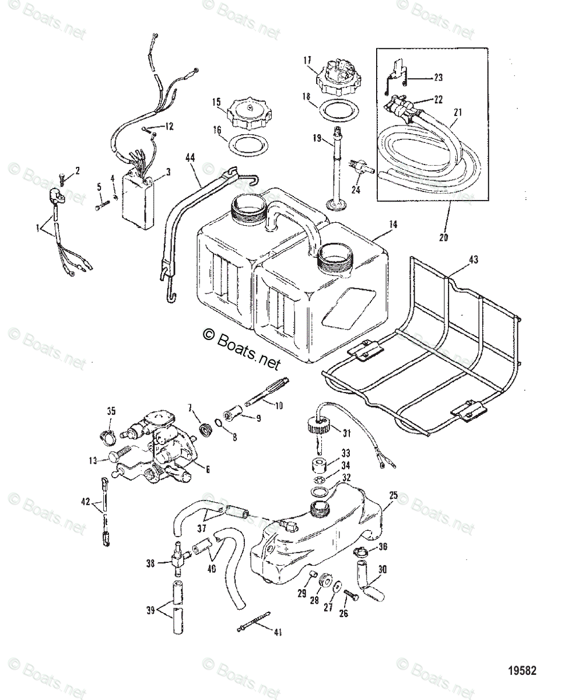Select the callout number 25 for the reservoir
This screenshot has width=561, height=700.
[394, 495]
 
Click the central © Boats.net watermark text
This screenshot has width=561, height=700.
[241, 348]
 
